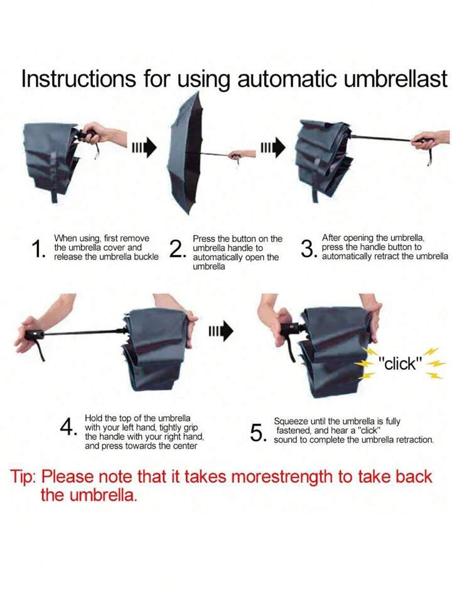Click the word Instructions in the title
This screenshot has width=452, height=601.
point(78,78)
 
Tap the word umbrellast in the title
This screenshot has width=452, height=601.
point(395,78)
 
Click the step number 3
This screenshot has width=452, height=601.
point(308,249)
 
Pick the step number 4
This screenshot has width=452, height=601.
point(68,427)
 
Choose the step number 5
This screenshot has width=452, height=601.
point(258,433)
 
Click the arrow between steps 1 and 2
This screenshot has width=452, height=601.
point(144,147)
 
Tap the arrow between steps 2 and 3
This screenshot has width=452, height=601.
point(273,147)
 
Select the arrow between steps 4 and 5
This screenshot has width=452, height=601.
point(221,331)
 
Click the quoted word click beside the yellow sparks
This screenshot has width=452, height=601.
point(400,363)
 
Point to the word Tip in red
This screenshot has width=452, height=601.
point(23,477)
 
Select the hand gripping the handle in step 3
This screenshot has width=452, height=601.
point(427,140)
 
